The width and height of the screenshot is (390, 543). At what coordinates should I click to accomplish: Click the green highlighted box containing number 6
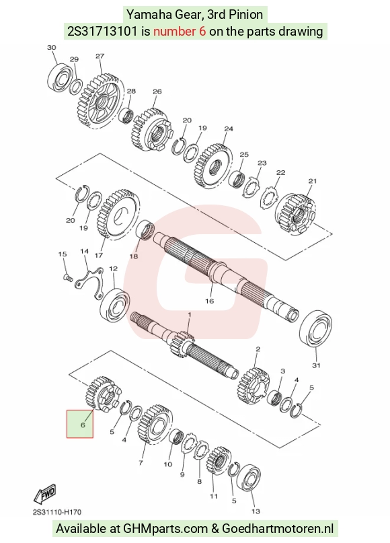pos(80,424)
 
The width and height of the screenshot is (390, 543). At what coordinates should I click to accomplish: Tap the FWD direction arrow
pos(44,493)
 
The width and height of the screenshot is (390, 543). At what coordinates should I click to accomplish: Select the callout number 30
pos(52,48)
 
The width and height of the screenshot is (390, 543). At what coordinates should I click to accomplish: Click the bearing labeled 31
pos(315,328)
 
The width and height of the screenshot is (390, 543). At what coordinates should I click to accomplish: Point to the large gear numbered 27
pos(100,101)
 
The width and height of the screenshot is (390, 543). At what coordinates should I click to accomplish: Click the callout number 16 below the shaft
pos(209,301)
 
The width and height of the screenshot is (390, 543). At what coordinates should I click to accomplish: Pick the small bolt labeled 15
pos(68,277)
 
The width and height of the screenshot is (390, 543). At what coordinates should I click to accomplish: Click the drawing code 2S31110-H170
pos(57,512)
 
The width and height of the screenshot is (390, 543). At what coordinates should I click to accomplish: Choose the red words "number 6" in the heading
pos(180,32)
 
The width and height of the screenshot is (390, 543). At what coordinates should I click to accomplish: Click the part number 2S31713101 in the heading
pos(102,32)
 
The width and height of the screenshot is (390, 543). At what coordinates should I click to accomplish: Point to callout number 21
pos(313,181)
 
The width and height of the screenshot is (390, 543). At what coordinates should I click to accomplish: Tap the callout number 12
pos(113,268)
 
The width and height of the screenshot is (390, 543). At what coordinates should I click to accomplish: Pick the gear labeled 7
pos(155,424)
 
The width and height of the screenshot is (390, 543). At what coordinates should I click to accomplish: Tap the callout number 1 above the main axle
pos(190,315)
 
